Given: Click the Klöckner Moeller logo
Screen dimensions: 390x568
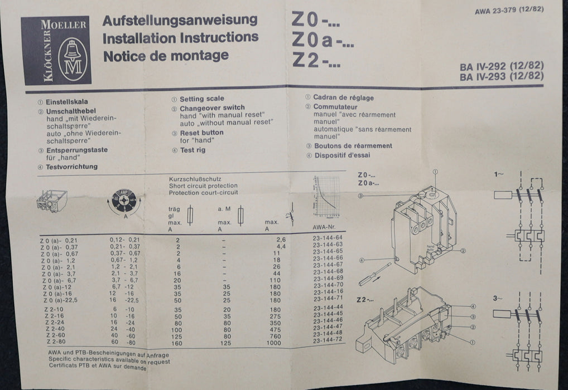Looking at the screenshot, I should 56,50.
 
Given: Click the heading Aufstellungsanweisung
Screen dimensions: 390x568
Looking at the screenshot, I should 180,20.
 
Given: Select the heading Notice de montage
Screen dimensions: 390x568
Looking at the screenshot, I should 166,55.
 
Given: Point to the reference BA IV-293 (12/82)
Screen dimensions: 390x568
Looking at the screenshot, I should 502,77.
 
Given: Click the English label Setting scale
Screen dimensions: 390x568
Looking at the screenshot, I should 201,99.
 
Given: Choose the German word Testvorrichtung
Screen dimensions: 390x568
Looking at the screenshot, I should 71,167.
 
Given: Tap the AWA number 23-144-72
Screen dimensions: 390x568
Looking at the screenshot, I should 329,339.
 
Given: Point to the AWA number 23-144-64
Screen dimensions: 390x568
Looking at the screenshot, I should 328,237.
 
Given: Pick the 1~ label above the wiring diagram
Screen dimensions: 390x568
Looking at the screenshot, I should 498,175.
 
